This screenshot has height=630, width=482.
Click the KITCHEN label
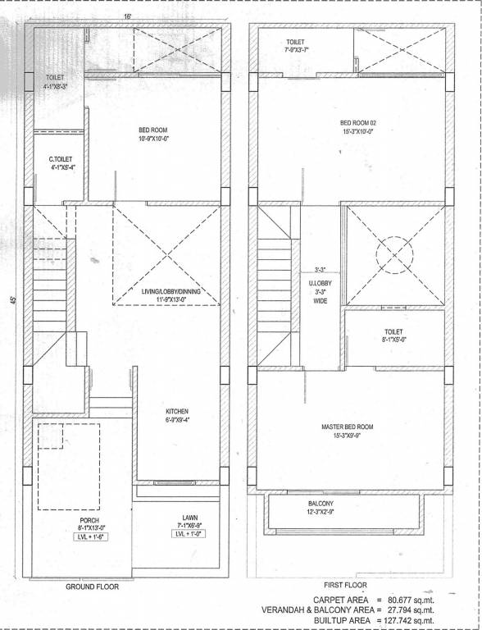176,411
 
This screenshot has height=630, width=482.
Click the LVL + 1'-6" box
90,537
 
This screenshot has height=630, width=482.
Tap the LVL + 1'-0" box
189,534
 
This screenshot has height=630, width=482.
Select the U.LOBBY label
321,284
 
